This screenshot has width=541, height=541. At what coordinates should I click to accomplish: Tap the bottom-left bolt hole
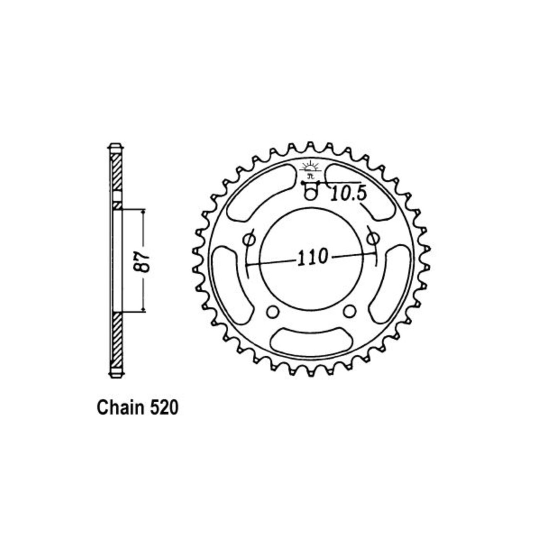tap(272, 311)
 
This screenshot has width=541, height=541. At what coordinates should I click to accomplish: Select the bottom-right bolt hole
tap(350, 311)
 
